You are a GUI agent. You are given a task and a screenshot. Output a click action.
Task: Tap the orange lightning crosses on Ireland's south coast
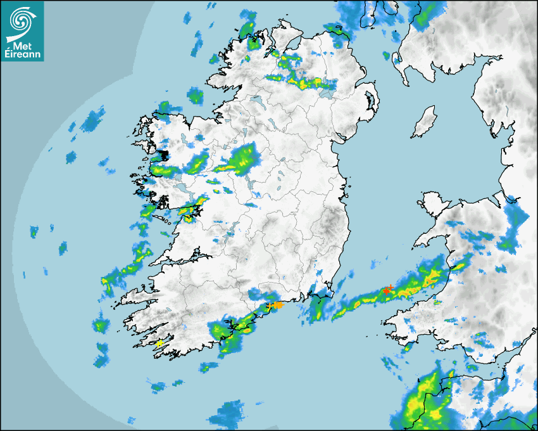tap(275, 306)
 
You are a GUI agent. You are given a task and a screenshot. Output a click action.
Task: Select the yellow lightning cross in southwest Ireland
tap(160, 342)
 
